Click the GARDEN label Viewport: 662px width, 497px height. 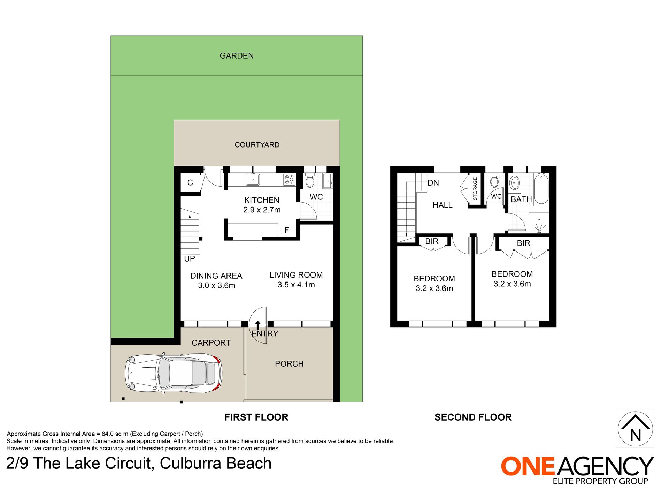point(237,56)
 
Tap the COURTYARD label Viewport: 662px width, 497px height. point(257,145)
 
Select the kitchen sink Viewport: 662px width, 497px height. point(253,180)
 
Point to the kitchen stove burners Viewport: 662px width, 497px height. point(289,180)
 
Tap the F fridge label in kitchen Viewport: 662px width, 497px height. point(287,230)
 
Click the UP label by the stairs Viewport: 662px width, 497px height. point(190,259)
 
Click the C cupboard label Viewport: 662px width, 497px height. point(190,183)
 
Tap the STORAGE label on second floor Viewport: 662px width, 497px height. point(475,189)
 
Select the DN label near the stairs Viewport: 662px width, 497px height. point(433,183)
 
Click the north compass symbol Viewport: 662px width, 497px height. point(635,429)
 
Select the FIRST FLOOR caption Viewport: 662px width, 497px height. point(256,417)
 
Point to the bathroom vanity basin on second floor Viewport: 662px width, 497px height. point(515,182)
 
